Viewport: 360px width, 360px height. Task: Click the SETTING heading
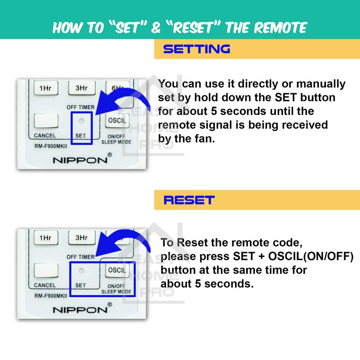click(197, 49)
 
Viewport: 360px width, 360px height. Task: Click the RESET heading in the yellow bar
click(189, 200)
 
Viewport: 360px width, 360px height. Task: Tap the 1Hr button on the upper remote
click(46, 88)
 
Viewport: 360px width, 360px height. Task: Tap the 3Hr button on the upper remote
click(82, 88)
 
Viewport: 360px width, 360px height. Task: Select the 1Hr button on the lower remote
click(46, 237)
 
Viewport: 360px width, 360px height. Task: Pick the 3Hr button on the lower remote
click(82, 237)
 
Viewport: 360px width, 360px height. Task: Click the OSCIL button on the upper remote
click(117, 120)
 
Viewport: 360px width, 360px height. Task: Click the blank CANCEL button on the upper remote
click(46, 121)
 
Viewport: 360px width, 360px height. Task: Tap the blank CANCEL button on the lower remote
click(46, 270)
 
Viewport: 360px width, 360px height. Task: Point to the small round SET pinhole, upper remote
click(81, 121)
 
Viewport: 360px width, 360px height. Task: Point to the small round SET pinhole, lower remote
click(81, 271)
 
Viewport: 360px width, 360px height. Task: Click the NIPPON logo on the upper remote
click(80, 160)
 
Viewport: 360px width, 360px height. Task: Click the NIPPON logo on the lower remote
click(80, 310)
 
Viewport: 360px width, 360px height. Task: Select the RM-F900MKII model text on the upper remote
click(51, 146)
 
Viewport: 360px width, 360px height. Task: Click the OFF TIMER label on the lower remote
click(81, 257)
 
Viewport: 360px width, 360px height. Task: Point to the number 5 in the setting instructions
click(214, 111)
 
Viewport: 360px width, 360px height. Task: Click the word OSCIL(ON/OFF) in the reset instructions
click(311, 256)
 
